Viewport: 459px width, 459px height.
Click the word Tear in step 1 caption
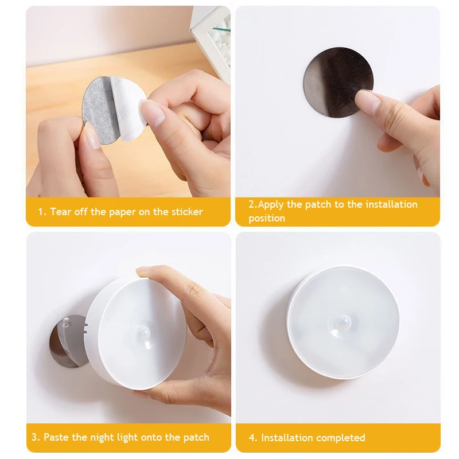coord(61,212)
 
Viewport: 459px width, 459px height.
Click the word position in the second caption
coord(267,218)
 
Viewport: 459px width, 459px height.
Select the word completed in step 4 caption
coord(341,438)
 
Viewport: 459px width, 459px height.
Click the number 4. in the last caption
coord(253,438)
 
